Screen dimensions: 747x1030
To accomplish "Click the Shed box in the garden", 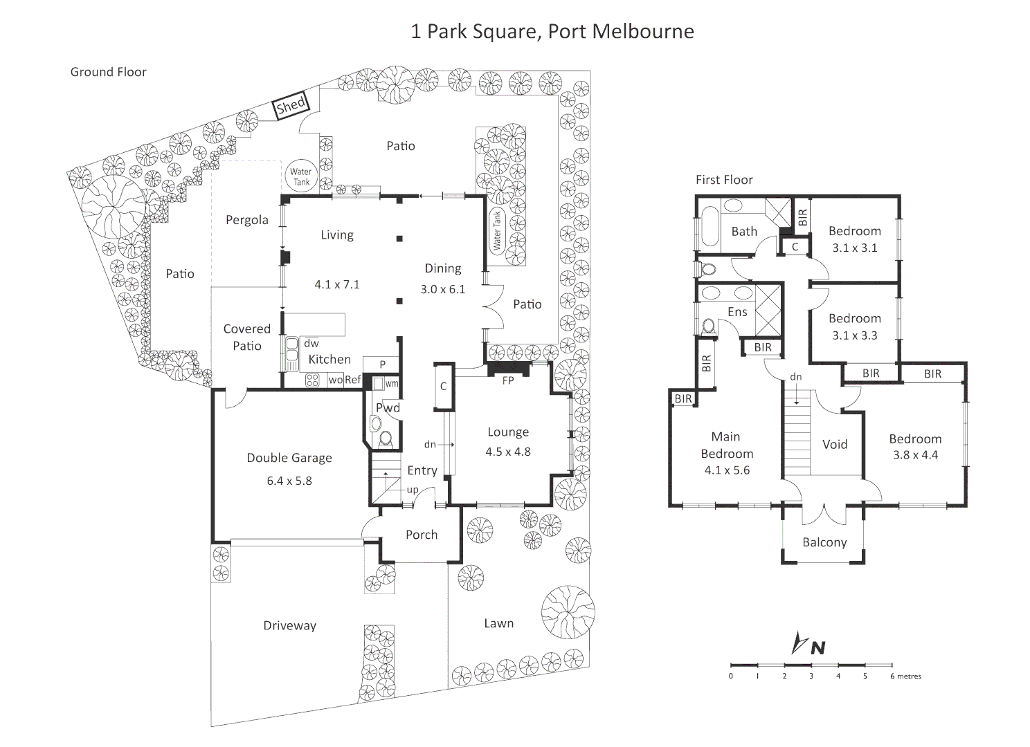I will click(x=291, y=106).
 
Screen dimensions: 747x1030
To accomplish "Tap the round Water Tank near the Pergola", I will click(x=300, y=176).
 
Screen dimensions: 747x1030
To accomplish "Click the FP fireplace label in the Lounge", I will click(x=508, y=380).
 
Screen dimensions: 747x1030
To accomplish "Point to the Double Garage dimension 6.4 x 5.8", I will click(x=289, y=481).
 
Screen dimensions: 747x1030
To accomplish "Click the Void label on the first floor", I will click(x=834, y=445).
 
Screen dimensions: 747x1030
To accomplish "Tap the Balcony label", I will click(x=824, y=542).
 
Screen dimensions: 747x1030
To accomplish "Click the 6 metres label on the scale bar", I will click(x=906, y=676).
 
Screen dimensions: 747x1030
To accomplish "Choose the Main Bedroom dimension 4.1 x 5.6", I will click(x=726, y=470).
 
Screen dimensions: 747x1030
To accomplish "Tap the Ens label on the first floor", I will click(x=737, y=312).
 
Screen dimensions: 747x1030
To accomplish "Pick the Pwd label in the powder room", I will click(x=388, y=408).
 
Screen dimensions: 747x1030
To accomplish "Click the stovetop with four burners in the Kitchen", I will click(x=312, y=379).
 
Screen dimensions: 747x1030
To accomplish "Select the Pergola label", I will click(x=246, y=220).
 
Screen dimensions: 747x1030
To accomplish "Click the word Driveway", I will click(x=289, y=626).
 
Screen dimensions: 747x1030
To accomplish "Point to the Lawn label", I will click(x=498, y=623).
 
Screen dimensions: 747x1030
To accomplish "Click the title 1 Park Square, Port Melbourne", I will click(x=552, y=32).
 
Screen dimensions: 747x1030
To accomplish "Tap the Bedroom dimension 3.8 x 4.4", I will click(x=914, y=455).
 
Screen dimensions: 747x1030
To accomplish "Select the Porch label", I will click(x=421, y=535).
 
